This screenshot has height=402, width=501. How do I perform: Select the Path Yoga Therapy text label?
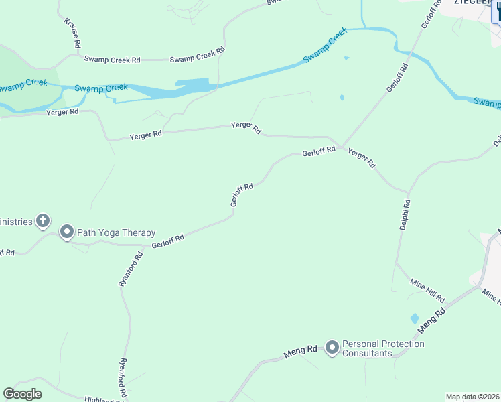tap(117, 233)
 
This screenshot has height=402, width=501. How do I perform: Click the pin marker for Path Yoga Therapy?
tap(66, 232)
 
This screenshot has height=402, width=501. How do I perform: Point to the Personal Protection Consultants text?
tap(383, 348)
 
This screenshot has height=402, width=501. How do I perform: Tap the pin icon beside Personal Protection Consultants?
tap(332, 347)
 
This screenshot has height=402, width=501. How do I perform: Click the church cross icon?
tap(43, 220)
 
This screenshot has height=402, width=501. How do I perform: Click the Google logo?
tap(23, 394)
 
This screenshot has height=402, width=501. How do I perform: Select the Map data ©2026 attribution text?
tap(473, 397)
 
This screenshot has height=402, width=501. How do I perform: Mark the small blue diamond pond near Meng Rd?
tap(414, 318)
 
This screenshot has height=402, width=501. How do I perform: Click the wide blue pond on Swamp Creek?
tap(195, 86)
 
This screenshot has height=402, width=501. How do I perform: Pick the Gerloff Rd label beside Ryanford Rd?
tap(167, 241)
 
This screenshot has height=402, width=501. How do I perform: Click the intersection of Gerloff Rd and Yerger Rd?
tap(342, 147)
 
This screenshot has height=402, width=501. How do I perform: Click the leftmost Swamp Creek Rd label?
tap(112, 59)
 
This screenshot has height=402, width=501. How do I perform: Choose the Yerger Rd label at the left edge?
tap(62, 111)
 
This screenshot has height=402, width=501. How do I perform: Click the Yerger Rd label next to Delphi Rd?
tap(362, 159)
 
